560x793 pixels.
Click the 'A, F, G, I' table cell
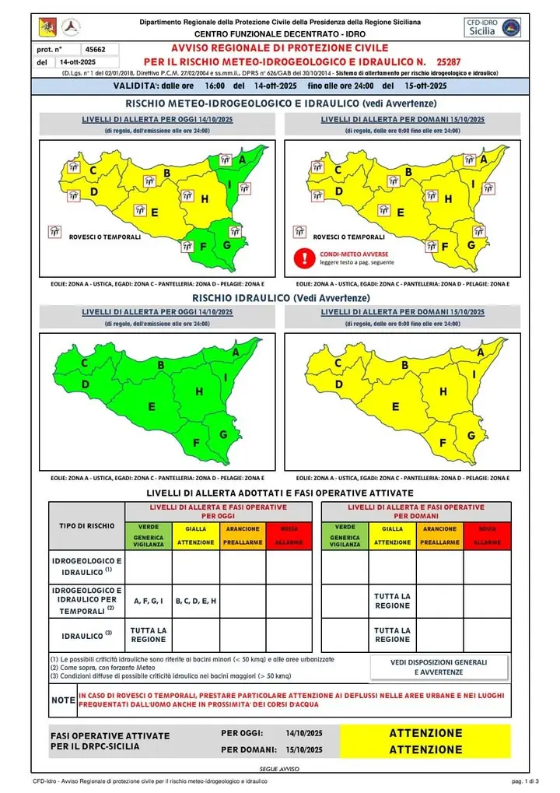(x=148, y=601)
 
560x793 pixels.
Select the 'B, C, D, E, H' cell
(x=195, y=601)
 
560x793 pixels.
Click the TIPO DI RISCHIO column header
(x=87, y=525)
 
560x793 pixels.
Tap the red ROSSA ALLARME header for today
(x=289, y=535)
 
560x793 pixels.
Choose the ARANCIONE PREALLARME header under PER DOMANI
(x=440, y=535)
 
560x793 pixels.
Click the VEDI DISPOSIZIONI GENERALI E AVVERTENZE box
(x=439, y=666)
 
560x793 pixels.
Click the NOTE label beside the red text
(x=62, y=700)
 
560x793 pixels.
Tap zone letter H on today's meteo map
(x=205, y=199)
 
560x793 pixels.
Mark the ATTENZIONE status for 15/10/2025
(x=425, y=749)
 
